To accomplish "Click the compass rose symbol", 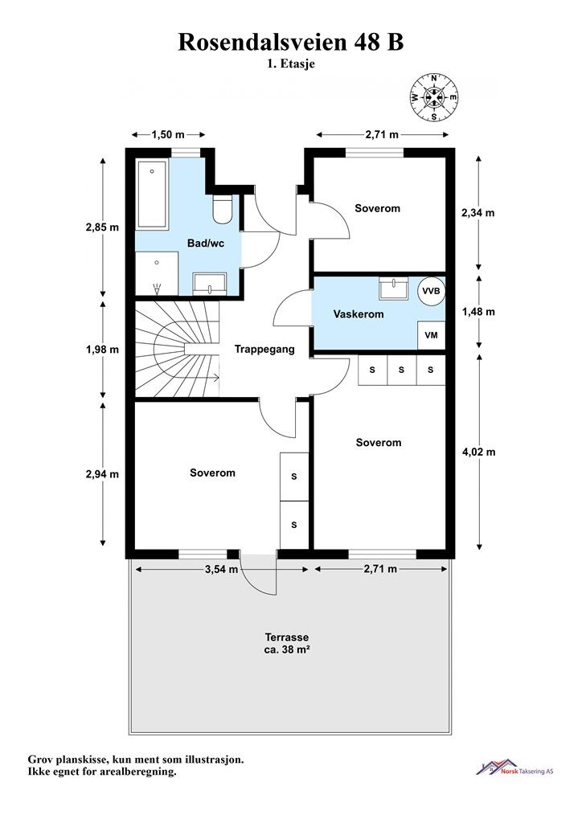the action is click(x=434, y=97).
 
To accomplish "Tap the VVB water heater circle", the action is click(x=432, y=291).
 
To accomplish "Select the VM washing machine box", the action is click(x=432, y=335).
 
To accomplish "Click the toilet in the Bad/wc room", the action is click(x=223, y=210).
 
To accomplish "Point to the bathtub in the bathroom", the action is click(x=152, y=194).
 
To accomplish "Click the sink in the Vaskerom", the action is click(x=394, y=289).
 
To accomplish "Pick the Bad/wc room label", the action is click(x=206, y=244).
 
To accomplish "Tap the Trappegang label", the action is click(x=264, y=349).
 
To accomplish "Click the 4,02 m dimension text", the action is click(x=478, y=452).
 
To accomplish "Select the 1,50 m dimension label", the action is click(x=168, y=135).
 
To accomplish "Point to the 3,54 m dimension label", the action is click(x=221, y=569).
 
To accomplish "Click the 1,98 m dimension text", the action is click(x=102, y=349).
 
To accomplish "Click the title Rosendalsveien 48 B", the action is click(x=291, y=42).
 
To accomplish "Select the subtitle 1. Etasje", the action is click(x=291, y=64).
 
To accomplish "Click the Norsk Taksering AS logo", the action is click(x=514, y=768).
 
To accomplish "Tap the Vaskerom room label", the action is click(x=359, y=314).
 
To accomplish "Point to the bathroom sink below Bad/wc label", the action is click(x=209, y=284).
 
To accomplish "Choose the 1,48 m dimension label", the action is click(x=478, y=312).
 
